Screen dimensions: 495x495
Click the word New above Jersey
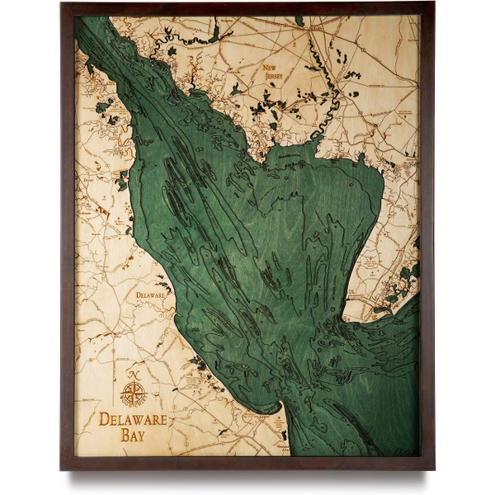pos(270,68)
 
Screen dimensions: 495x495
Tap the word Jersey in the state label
pos(273,76)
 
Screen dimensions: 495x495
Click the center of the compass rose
pos(132,394)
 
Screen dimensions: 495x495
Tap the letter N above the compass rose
pos(132,375)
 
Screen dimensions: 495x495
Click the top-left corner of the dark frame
pos(63,4)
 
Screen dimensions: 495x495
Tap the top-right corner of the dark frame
pos(432,4)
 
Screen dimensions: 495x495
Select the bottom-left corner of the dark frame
pos(63,468)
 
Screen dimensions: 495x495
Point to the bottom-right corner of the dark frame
pos(432,468)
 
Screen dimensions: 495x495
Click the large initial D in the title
pos(105,419)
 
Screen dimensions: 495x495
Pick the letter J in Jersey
pos(263,76)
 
